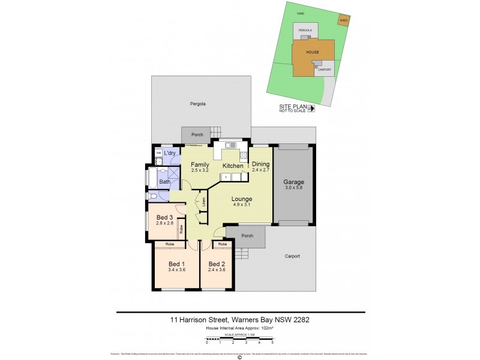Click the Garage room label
point(294,182)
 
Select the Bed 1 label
point(176,264)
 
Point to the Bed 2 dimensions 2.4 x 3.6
point(217,271)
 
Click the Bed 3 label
point(164,217)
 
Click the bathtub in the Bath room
point(152,178)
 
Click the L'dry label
point(170,154)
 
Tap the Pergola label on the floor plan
point(198,104)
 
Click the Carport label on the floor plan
point(292,256)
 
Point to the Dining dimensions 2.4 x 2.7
point(260,170)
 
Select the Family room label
point(200,164)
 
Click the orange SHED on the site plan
point(344,20)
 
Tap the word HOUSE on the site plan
point(313,52)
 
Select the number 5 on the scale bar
point(272,342)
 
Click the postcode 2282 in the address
point(300,319)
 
